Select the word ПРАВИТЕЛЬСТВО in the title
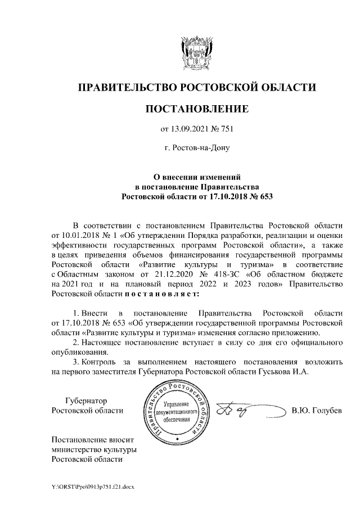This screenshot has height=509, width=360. click(127, 87)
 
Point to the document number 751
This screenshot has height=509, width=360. click(226, 129)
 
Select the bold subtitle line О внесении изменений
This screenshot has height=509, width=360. click(196, 177)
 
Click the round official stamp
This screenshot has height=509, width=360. click(176, 412)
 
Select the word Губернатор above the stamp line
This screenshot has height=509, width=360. click(85, 400)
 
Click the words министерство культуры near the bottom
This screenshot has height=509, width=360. click(94, 449)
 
